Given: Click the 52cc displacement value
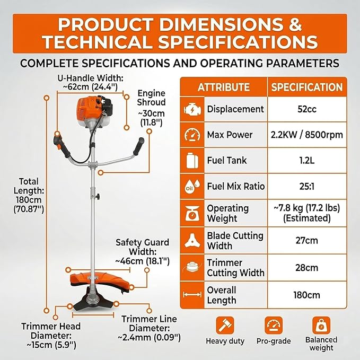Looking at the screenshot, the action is [x=307, y=109].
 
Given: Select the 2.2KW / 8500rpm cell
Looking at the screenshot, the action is [x=307, y=135].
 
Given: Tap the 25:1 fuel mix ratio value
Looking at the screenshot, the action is [x=307, y=186].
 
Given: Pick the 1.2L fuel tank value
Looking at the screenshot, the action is [x=307, y=161].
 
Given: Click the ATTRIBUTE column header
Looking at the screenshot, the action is [x=224, y=87].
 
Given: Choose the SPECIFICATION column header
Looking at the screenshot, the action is [x=307, y=87].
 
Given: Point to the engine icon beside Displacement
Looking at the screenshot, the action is [x=192, y=109].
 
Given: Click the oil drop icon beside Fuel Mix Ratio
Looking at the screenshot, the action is [x=192, y=186].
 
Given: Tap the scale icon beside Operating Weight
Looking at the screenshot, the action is [x=192, y=213].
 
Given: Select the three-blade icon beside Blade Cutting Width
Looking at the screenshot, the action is [x=192, y=240].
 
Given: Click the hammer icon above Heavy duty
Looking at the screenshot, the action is [x=225, y=326].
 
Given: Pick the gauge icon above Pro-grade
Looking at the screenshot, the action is [x=274, y=326].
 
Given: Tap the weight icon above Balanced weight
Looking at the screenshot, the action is [x=321, y=326].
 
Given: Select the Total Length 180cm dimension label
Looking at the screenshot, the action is [x=29, y=195].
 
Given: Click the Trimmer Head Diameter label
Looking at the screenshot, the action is [x=51, y=336].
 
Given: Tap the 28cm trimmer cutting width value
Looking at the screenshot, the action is [x=307, y=268].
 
